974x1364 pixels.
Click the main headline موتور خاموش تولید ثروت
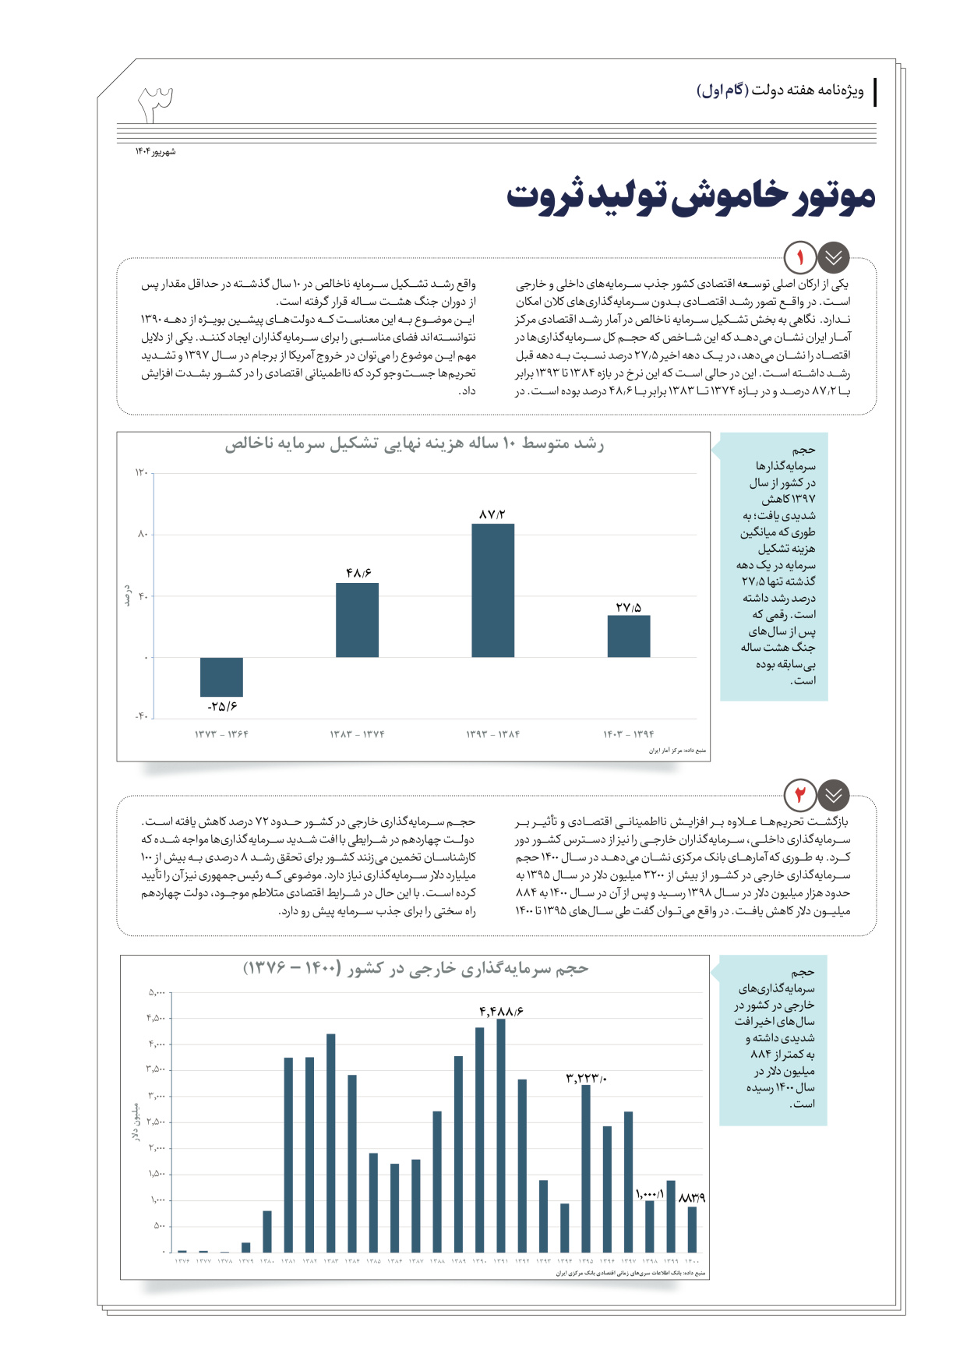[x=690, y=196]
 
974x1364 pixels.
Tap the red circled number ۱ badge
[x=800, y=257]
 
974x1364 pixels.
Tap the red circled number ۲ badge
[x=800, y=795]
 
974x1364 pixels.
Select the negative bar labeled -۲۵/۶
[x=221, y=677]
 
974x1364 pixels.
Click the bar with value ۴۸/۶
[x=357, y=620]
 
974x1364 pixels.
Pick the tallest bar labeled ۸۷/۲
[x=492, y=590]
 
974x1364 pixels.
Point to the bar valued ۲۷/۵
[x=629, y=636]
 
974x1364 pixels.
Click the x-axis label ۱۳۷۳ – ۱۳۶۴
[x=221, y=734]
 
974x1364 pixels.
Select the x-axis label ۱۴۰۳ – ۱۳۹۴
[x=629, y=734]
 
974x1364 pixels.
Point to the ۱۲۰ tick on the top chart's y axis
[x=141, y=472]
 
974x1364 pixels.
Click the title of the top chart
[x=414, y=444]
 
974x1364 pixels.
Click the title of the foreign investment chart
[x=415, y=969]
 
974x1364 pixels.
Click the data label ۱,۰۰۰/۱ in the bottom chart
[x=649, y=1194]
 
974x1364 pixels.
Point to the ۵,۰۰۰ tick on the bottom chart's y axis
[x=157, y=992]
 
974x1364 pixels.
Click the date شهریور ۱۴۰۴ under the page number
[x=155, y=151]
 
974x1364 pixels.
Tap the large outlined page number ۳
[x=156, y=104]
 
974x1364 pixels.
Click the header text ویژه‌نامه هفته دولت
[x=780, y=91]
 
